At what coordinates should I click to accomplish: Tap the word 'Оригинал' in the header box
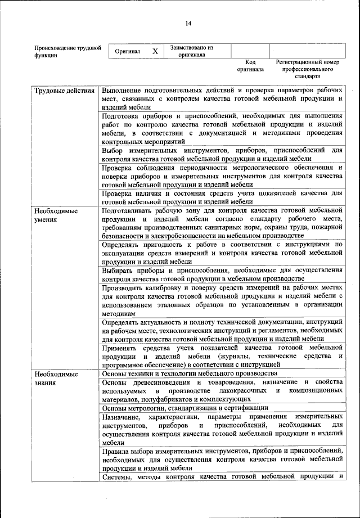pyautogui.click(x=127, y=51)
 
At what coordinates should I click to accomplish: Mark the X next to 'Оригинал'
pyautogui.click(x=155, y=51)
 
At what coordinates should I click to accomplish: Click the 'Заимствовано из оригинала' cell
pyautogui.click(x=192, y=51)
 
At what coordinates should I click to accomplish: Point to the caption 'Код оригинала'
pyautogui.click(x=250, y=66)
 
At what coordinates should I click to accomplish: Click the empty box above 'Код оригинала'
pyautogui.click(x=250, y=50)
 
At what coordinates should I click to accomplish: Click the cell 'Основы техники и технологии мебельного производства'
pyautogui.click(x=190, y=373)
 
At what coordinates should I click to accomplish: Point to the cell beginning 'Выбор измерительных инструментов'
pyautogui.click(x=222, y=155)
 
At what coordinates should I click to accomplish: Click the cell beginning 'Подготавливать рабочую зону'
pyautogui.click(x=222, y=223)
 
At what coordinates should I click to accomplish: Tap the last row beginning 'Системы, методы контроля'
pyautogui.click(x=222, y=478)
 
